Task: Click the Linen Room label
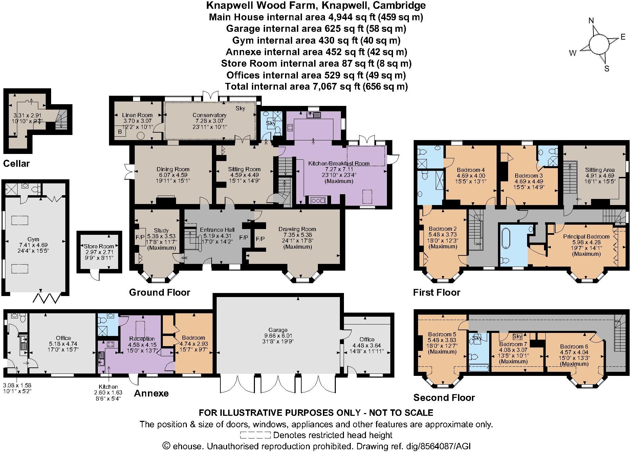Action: (x=137, y=115)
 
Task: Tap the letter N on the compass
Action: (x=591, y=21)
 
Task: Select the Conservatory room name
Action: (x=209, y=115)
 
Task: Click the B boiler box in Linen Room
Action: (x=119, y=132)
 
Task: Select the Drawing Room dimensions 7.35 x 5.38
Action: (x=297, y=235)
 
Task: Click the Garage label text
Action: (x=278, y=330)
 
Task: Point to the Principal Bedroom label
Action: (x=586, y=236)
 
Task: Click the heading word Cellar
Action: (x=16, y=164)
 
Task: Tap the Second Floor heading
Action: (x=444, y=398)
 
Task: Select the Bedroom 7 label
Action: (x=513, y=344)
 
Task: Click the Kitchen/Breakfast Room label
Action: (x=339, y=163)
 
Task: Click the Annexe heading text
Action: (x=151, y=393)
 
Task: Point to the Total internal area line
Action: (x=316, y=87)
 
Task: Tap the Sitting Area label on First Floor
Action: (x=600, y=170)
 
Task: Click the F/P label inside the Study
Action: (x=140, y=236)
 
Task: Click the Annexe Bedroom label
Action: (x=193, y=338)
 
